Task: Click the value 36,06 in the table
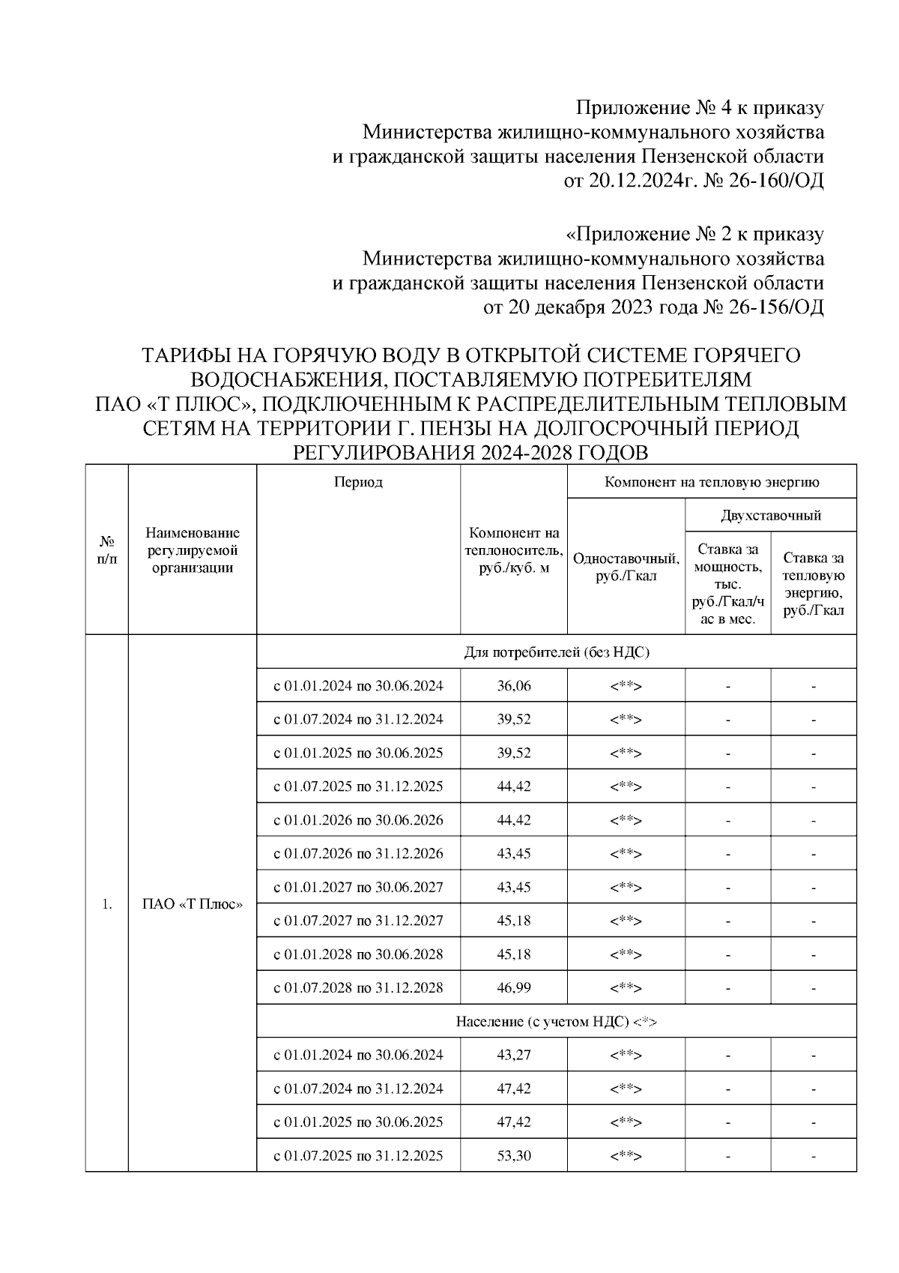[x=513, y=686]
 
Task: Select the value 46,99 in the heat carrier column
[x=513, y=987]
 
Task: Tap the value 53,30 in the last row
[x=513, y=1155]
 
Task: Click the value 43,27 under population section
[x=513, y=1055]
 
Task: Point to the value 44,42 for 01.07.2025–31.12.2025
[x=513, y=786]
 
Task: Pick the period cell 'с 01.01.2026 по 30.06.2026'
[x=358, y=820]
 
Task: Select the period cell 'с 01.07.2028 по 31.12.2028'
[x=358, y=987]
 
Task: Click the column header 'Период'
[x=358, y=482]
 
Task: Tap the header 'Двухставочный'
[x=771, y=516]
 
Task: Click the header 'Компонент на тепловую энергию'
[x=712, y=482]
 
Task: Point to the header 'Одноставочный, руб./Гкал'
[x=626, y=567]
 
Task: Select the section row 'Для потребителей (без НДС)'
[x=556, y=652]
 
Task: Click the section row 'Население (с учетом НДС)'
[x=556, y=1021]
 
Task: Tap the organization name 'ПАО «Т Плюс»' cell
[x=193, y=904]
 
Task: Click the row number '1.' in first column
[x=106, y=904]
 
